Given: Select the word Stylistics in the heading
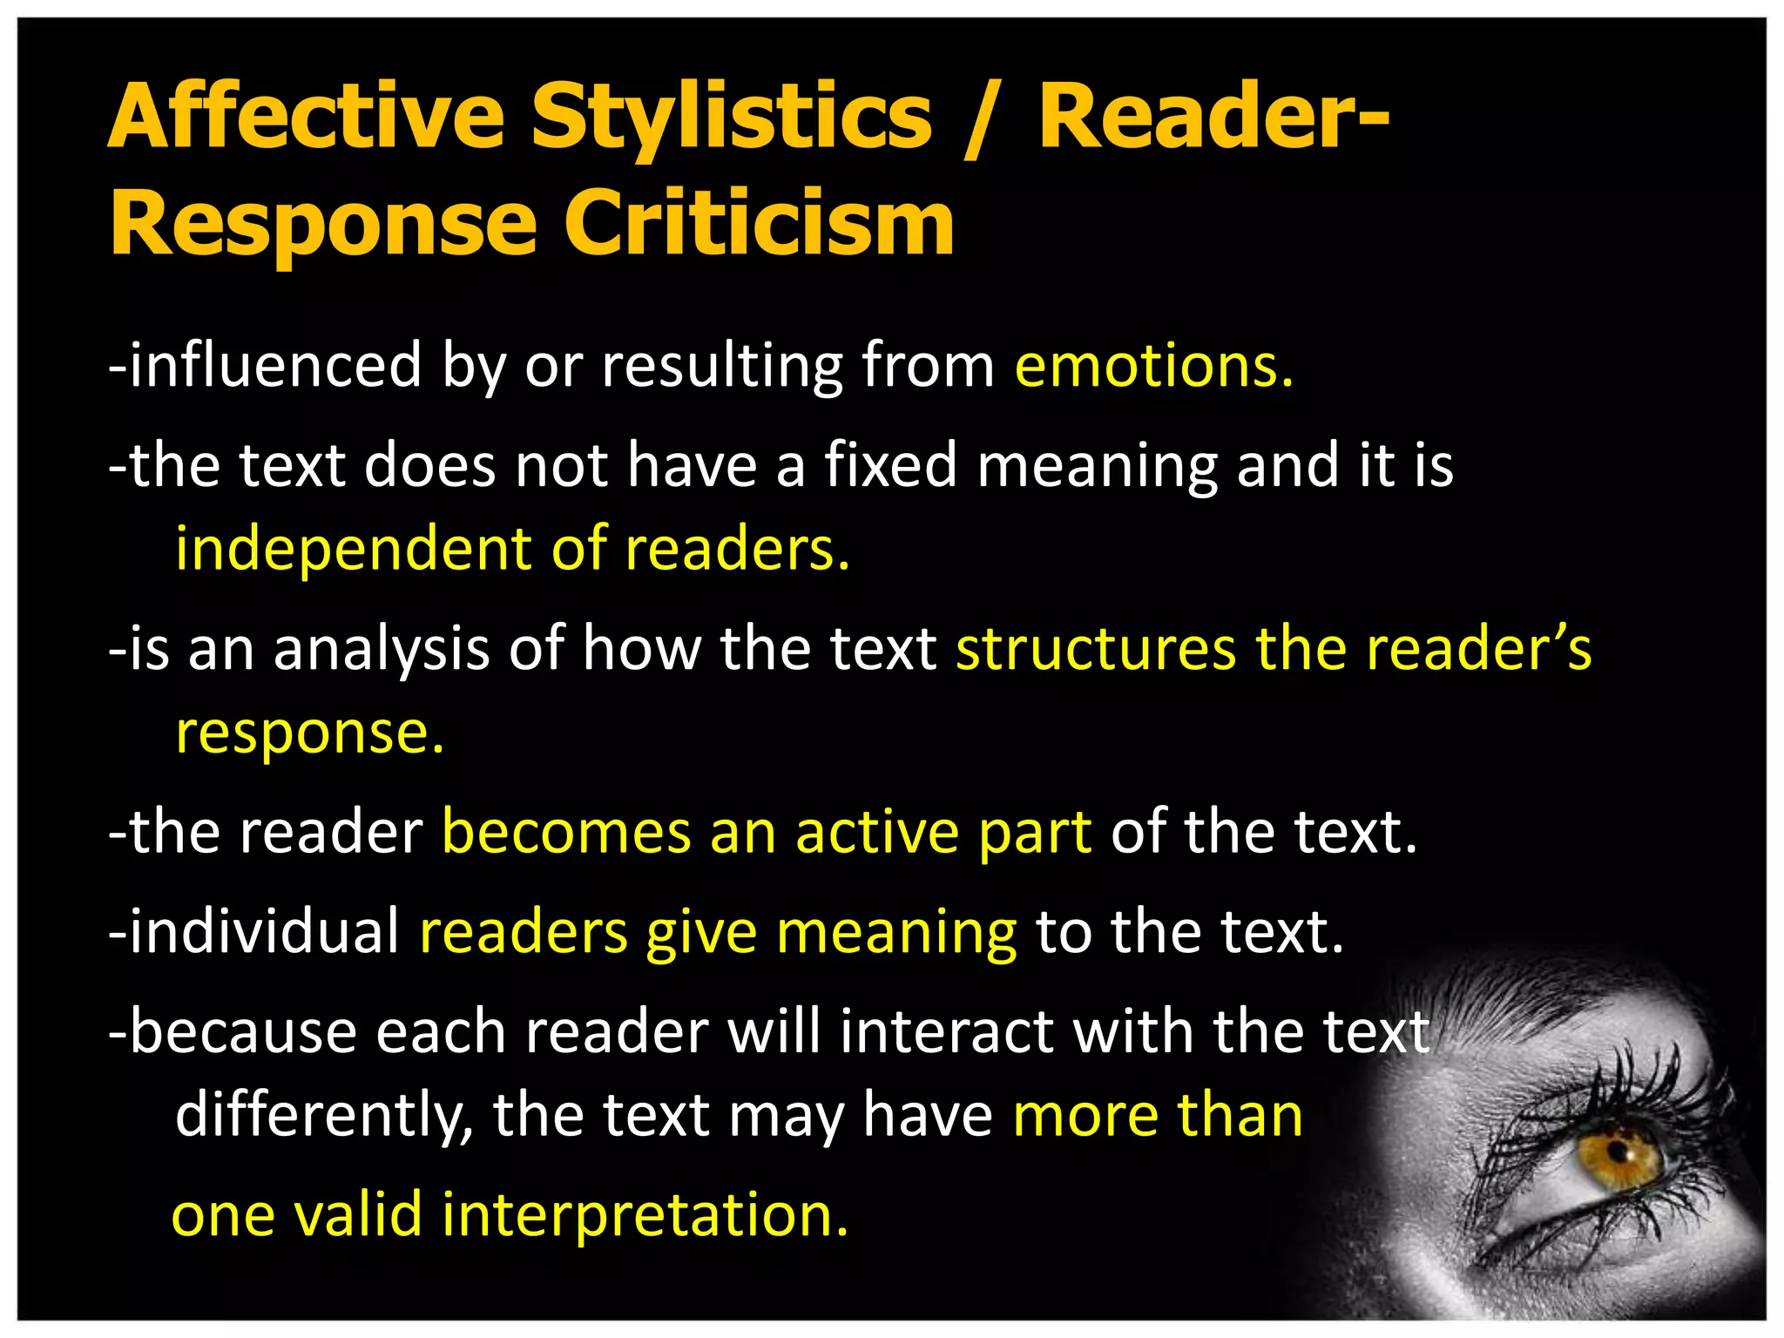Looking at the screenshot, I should pyautogui.click(x=732, y=117).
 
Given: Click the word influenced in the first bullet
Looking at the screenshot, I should pyautogui.click(x=275, y=366).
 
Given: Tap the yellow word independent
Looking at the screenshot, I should pyautogui.click(x=354, y=549).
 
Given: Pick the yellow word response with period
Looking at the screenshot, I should pyautogui.click(x=310, y=733).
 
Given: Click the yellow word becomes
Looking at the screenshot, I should pyautogui.click(x=566, y=832).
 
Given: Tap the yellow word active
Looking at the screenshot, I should pyautogui.click(x=876, y=832).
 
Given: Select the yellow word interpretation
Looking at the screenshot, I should pyautogui.click(x=645, y=1214).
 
